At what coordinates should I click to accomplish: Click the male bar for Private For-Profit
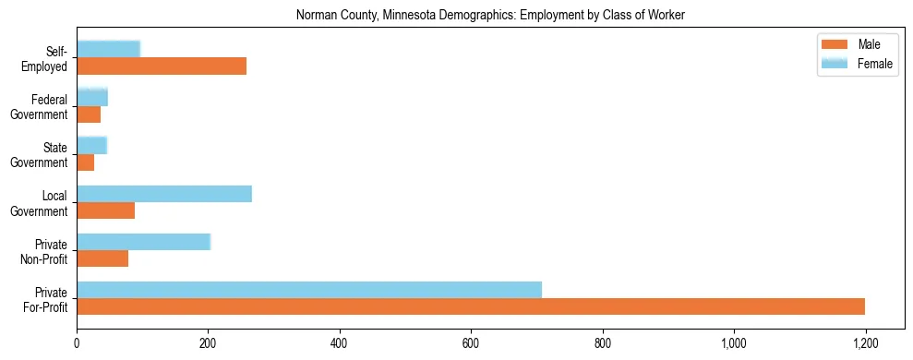coord(471,306)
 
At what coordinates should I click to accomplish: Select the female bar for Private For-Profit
coord(309,290)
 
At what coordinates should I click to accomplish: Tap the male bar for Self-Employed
coord(162,66)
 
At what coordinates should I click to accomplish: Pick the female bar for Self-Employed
coord(108,50)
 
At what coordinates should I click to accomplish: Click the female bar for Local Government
coord(164,194)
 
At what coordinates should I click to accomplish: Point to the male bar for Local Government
coord(105,210)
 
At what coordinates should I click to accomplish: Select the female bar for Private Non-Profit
coord(143,242)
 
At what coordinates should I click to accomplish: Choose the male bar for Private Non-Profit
coord(102,258)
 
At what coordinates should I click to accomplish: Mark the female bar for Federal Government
coord(92,98)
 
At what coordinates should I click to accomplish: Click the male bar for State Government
coord(85,162)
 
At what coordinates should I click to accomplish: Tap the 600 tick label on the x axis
coord(471,342)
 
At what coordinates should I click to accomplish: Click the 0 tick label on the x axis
coord(77,342)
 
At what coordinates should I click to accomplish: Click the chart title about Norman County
coord(490,16)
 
